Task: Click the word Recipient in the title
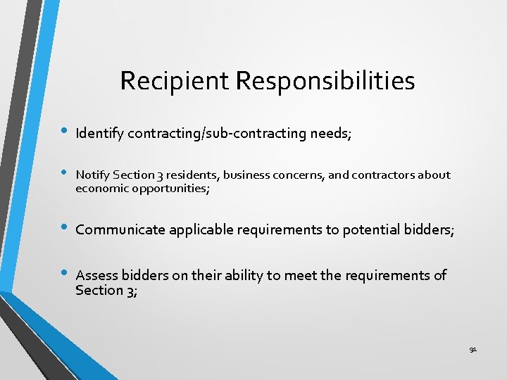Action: pos(175,81)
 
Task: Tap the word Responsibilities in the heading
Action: pos(325,81)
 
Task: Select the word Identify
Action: pos(100,133)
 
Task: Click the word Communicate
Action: pos(118,229)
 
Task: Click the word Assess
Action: pos(96,275)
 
